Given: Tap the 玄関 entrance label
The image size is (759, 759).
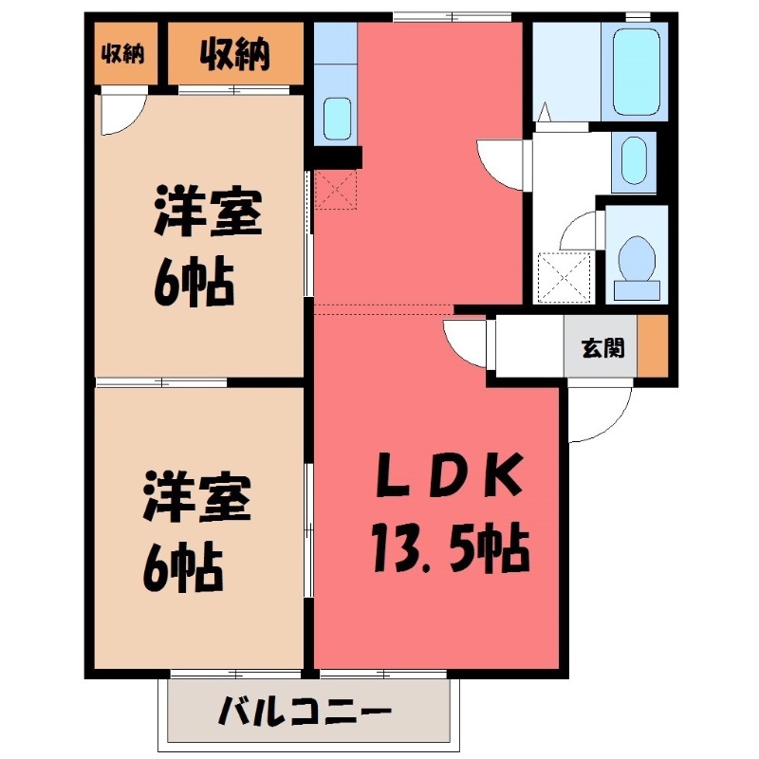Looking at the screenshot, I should (602, 348).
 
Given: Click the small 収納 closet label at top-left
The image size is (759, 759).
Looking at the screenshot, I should (123, 53).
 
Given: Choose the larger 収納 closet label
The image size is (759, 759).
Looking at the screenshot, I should (234, 54).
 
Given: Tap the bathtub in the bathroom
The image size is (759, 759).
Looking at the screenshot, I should (637, 71).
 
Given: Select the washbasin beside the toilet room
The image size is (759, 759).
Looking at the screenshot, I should (633, 161).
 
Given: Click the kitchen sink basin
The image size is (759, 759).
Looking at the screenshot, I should (337, 119).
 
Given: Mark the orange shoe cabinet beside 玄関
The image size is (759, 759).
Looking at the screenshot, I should (651, 347).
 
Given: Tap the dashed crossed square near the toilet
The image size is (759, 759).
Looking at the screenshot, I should (565, 276).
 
